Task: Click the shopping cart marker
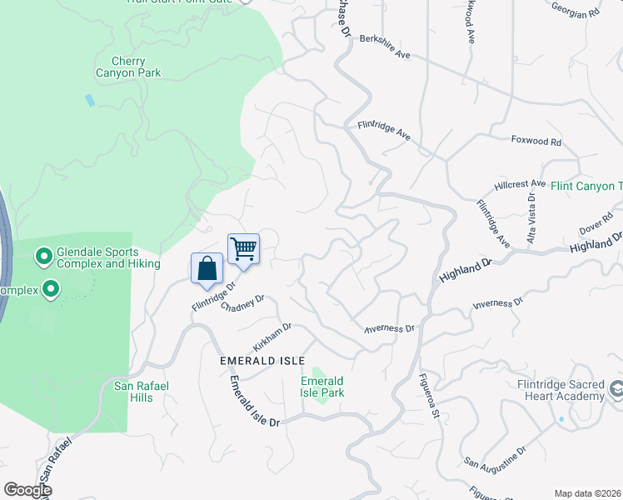pos(243,248)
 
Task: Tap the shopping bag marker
pos(207,268)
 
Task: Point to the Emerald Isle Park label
pos(322,387)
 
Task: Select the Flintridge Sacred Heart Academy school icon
pos(616,389)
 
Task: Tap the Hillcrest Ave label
pos(519,183)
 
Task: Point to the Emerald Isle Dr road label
pos(256,402)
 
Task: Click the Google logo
pos(27,490)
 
